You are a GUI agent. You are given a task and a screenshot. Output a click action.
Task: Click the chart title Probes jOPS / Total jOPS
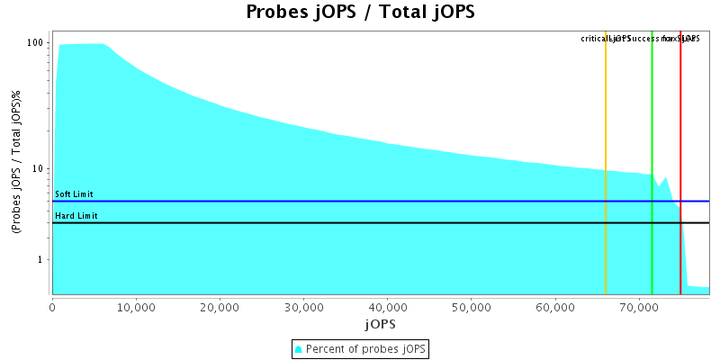[x=360, y=13]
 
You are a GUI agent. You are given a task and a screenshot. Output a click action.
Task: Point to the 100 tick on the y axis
[x=36, y=42]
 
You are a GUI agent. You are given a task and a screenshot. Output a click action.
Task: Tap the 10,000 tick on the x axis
[x=136, y=307]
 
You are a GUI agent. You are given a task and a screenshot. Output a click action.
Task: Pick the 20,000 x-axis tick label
[x=220, y=307]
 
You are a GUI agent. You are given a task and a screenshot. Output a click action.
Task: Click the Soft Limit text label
[x=74, y=194]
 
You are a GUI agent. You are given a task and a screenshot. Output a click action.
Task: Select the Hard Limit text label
[x=76, y=216]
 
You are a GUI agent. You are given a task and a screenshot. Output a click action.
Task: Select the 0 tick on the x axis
[x=52, y=307]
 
